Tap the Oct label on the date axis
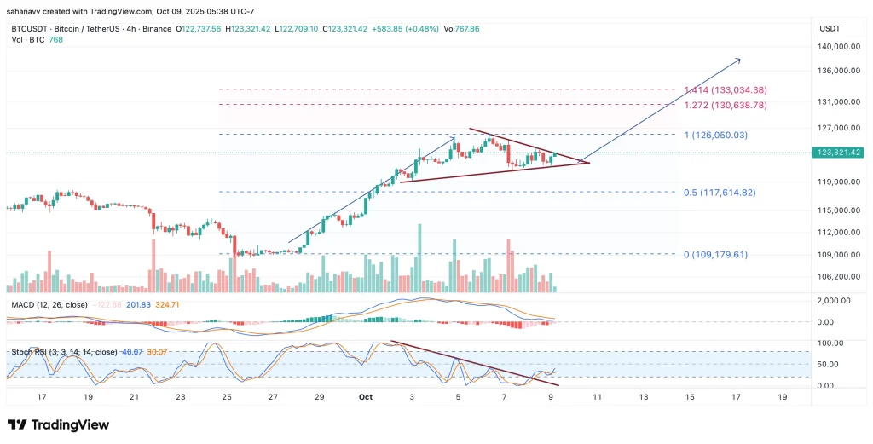pyautogui.click(x=366, y=397)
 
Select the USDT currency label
pyautogui.click(x=830, y=28)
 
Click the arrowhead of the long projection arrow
pyautogui.click(x=738, y=60)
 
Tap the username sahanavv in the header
pyautogui.click(x=25, y=10)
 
